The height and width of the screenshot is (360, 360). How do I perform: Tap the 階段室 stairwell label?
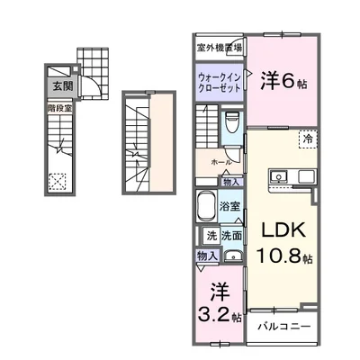coord(52,106)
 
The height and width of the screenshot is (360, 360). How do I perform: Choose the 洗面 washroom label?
coord(229,236)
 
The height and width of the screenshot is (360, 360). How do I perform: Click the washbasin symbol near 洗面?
coord(232,256)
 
